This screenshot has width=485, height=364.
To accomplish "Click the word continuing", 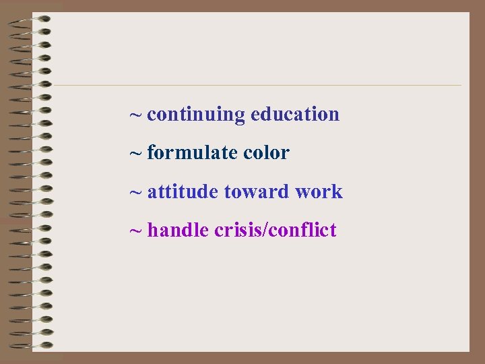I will (x=196, y=115).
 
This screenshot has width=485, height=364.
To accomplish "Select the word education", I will (x=294, y=114).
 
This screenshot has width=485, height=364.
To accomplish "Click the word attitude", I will (x=183, y=192).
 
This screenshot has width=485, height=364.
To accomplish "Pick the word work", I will (x=319, y=192).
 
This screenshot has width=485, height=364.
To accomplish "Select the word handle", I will (x=178, y=231).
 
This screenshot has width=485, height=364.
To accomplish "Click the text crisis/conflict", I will (x=275, y=231).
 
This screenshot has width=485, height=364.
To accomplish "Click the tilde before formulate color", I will (x=135, y=154).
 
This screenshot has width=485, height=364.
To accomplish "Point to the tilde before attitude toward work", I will (x=135, y=193).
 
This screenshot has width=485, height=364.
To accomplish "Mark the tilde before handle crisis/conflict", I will (x=135, y=231).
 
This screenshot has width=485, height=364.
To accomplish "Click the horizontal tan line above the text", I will (x=256, y=86).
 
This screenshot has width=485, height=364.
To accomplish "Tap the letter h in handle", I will (x=152, y=231).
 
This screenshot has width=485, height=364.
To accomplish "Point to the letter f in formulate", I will (x=151, y=153).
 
